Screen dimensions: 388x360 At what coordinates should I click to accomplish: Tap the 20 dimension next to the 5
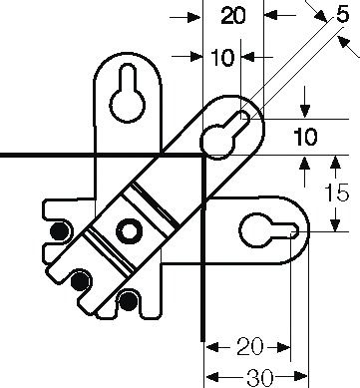[233, 17]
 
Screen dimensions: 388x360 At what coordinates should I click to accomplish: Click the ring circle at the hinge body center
[129, 231]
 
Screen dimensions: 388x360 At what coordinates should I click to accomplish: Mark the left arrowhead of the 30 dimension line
[210, 378]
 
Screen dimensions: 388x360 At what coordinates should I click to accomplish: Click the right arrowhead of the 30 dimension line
[307, 378]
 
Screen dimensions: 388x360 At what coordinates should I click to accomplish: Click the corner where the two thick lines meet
[202, 156]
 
